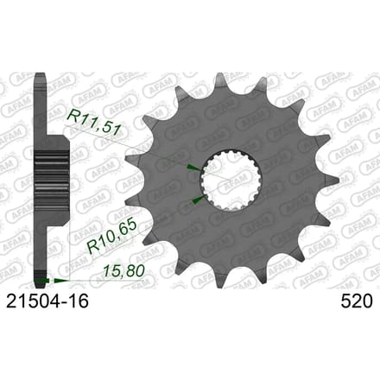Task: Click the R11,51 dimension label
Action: click(93, 123)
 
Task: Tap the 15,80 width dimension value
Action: click(123, 270)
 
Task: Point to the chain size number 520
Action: click(357, 301)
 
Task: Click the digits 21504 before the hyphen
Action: click(32, 301)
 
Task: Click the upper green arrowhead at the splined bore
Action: click(194, 168)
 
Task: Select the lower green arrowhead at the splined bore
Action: click(199, 199)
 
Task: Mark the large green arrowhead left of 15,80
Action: click(60, 280)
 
